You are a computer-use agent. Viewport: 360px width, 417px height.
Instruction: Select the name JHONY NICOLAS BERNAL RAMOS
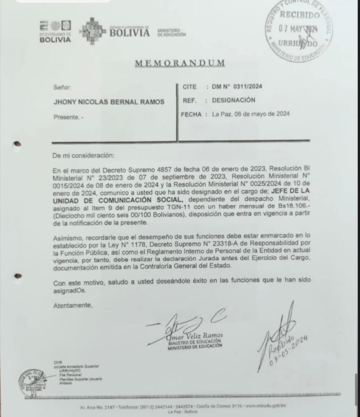109,102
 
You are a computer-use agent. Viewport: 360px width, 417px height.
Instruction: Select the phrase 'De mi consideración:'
84,156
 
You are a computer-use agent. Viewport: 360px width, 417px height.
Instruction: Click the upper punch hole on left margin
17,143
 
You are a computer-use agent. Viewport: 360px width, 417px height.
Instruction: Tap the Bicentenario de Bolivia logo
55,31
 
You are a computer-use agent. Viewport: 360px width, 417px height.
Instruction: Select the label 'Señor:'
62,87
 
